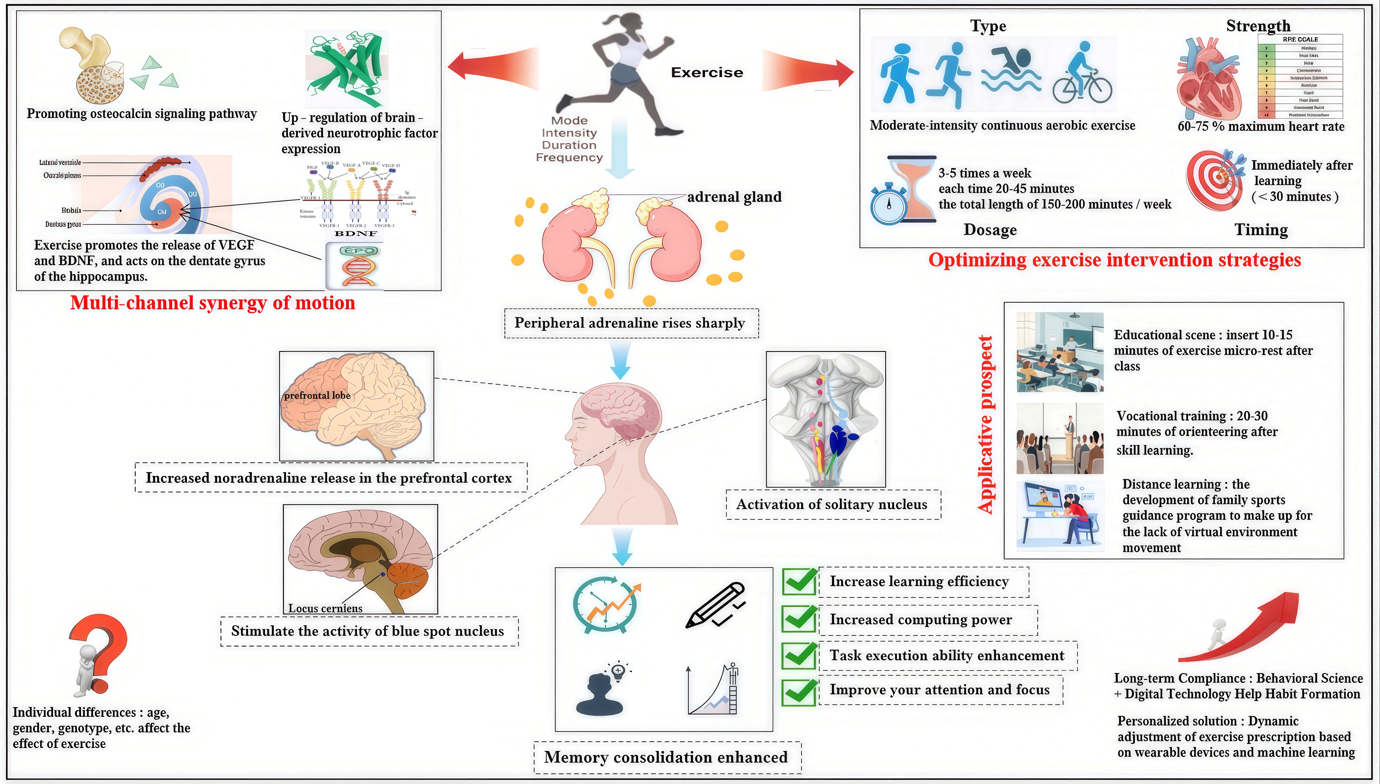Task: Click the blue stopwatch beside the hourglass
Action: (x=888, y=203)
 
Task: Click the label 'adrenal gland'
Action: (x=734, y=197)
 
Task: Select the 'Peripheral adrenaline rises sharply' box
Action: (x=631, y=323)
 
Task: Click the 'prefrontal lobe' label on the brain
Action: (x=317, y=396)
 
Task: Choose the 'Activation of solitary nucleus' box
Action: (x=833, y=505)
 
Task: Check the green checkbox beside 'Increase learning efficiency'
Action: (x=799, y=581)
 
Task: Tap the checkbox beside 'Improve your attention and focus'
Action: (x=799, y=691)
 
